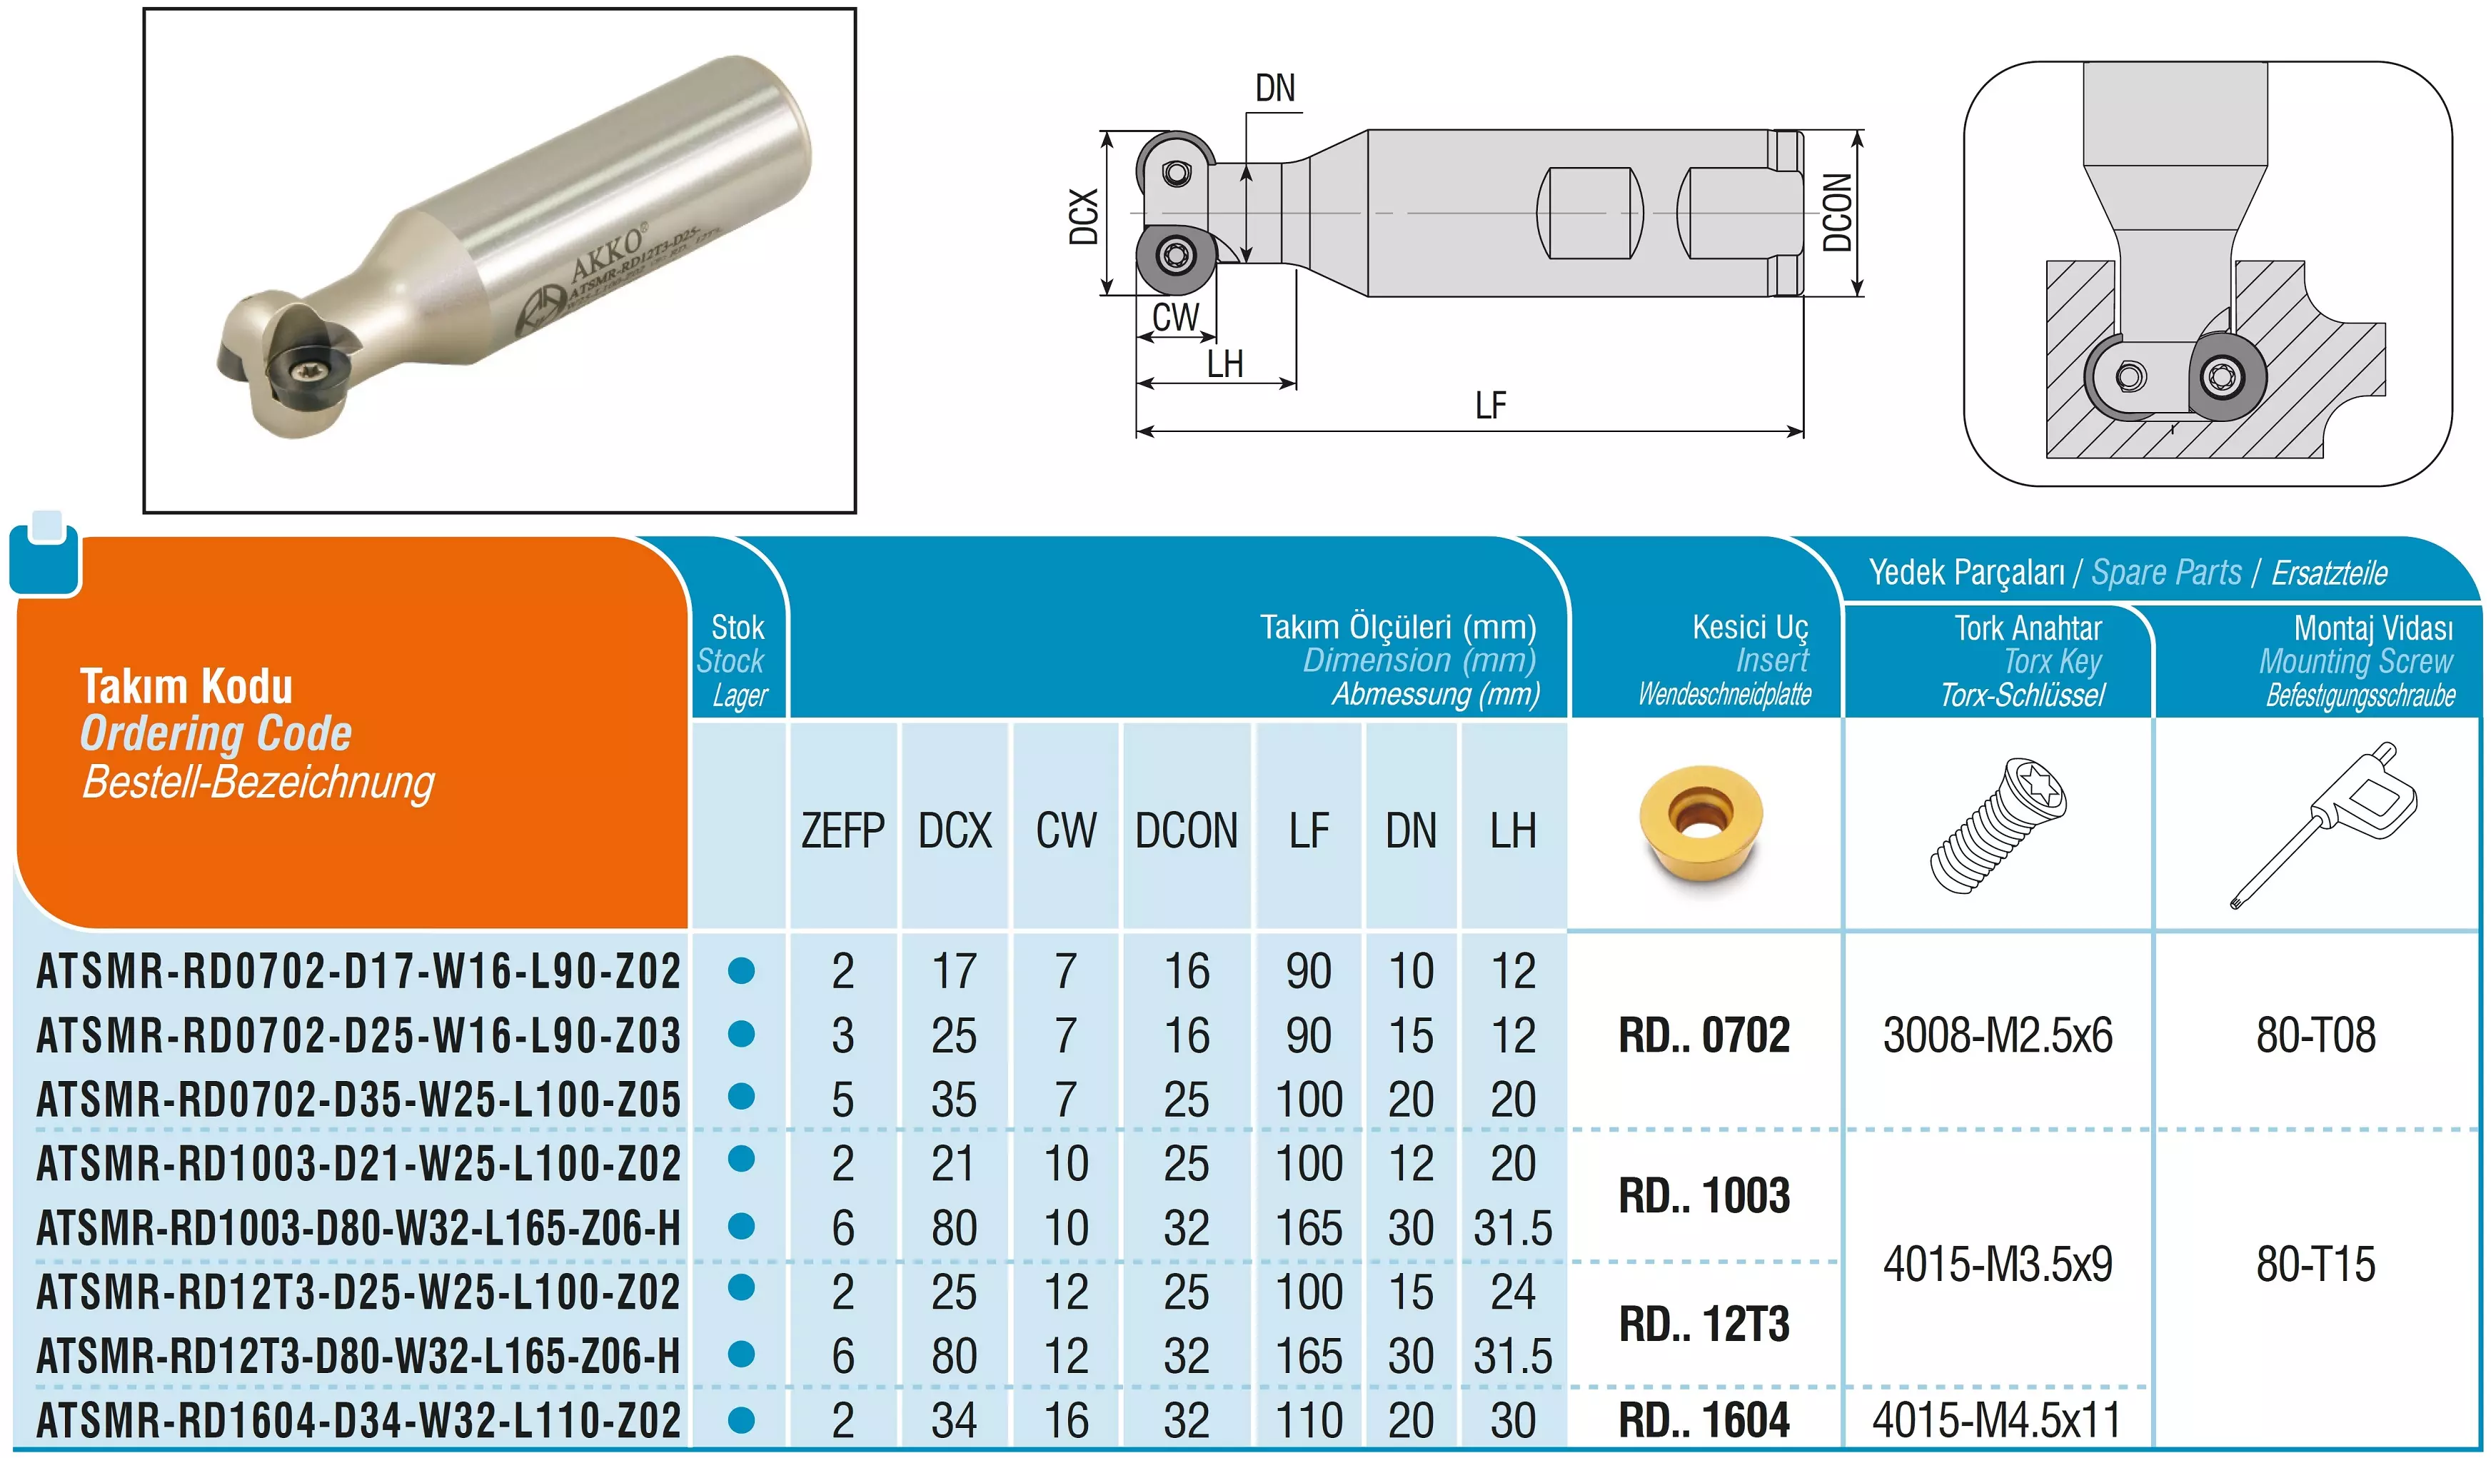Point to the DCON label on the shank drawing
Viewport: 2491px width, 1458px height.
pyautogui.click(x=1836, y=213)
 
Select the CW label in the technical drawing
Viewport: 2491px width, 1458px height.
pyautogui.click(x=1175, y=317)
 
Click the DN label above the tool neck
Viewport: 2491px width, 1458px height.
pyautogui.click(x=1275, y=88)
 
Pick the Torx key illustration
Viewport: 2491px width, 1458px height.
pyautogui.click(x=2323, y=825)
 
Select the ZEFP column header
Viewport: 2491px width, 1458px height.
pyautogui.click(x=842, y=830)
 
